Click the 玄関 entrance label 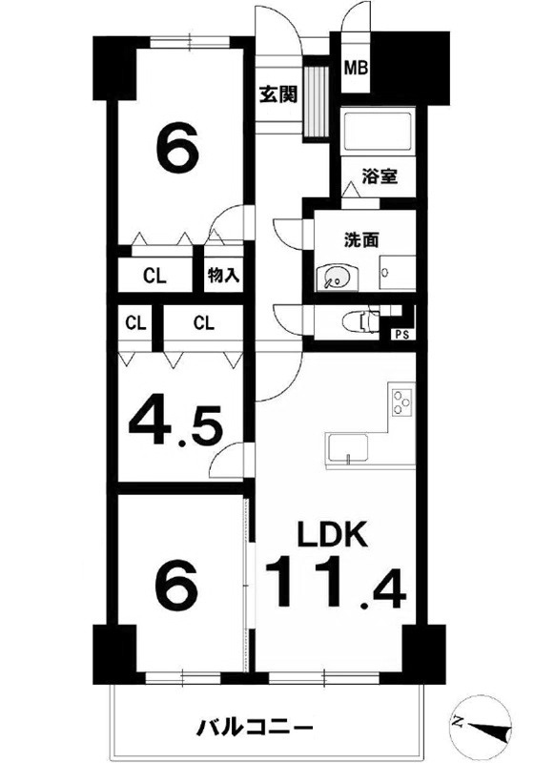(x=277, y=93)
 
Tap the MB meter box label (x=356, y=68)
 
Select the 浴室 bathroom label (x=380, y=176)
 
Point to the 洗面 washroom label (x=361, y=240)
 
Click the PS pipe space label (x=401, y=335)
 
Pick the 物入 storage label (x=223, y=276)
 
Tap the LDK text (x=332, y=535)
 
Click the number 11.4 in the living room (x=335, y=584)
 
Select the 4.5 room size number (x=175, y=424)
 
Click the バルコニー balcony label (x=254, y=729)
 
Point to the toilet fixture (x=360, y=321)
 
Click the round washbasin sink (x=333, y=278)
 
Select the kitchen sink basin (x=348, y=447)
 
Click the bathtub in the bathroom (x=379, y=131)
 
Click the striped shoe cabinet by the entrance (x=317, y=101)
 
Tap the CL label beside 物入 (x=154, y=276)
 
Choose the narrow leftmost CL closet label (x=135, y=322)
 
